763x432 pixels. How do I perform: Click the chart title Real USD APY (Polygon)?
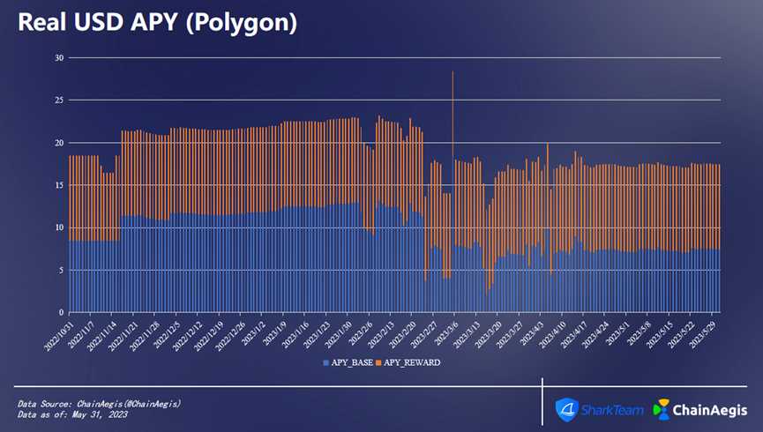click(156, 23)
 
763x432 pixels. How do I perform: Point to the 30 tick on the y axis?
click(60, 58)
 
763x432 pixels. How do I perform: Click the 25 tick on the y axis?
click(60, 101)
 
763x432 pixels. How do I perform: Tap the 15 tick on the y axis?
click(60, 185)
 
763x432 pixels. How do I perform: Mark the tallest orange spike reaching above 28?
click(453, 74)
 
